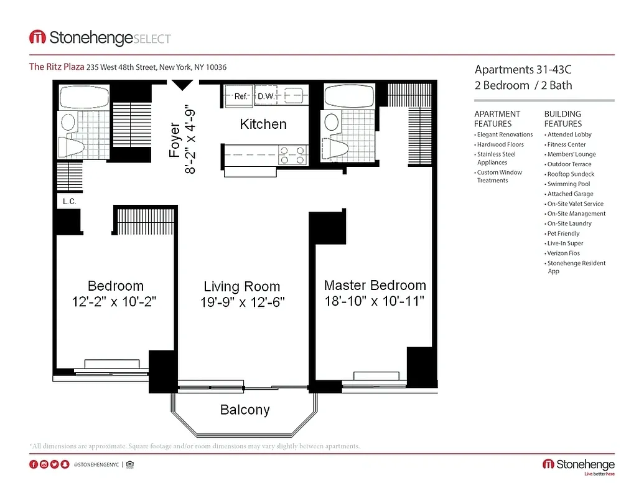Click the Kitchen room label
263,124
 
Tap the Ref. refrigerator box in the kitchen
240,96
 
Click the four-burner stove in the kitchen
293,155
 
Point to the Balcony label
245,410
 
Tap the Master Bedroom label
375,285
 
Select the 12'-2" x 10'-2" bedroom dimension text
115,302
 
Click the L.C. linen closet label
68,202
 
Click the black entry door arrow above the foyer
182,85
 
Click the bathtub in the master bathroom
348,95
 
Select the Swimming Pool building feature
568,184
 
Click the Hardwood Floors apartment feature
500,144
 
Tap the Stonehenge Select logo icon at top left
37,37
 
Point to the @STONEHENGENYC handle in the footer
96,464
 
